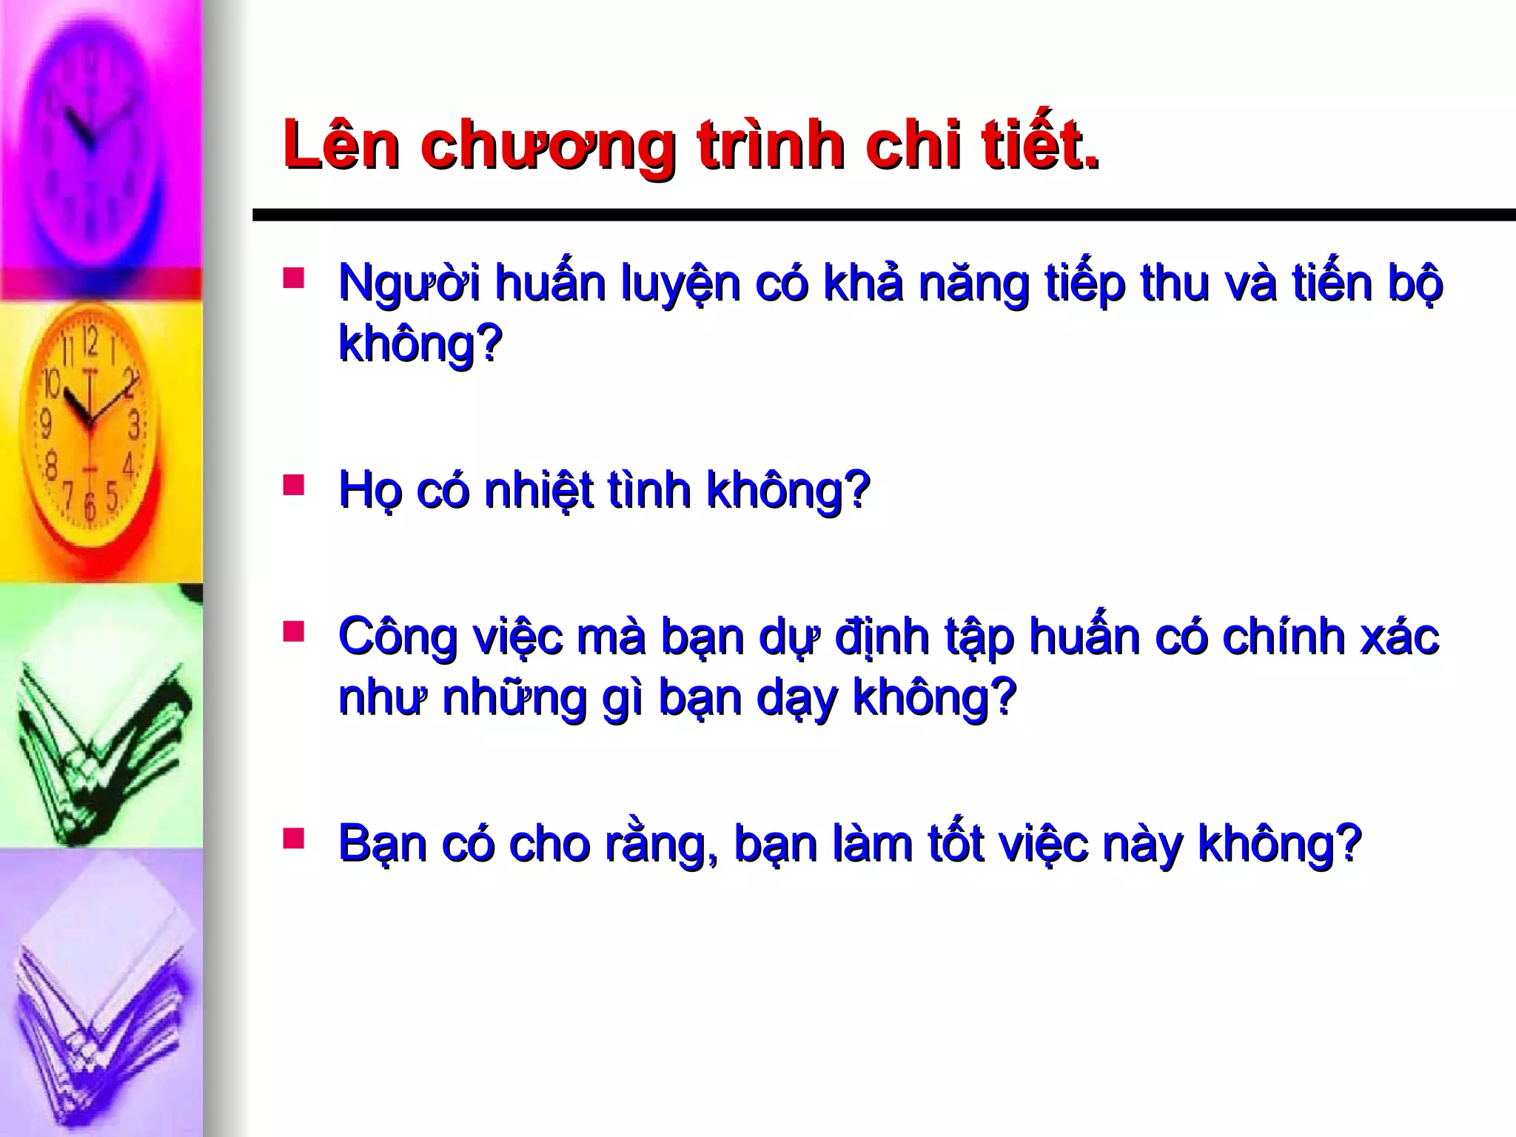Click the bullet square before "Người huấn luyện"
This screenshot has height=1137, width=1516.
[293, 278]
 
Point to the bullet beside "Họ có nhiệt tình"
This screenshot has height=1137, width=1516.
[293, 485]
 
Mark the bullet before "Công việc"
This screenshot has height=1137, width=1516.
[293, 631]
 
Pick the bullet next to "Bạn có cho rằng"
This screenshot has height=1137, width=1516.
[293, 838]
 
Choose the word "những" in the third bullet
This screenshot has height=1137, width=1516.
[514, 697]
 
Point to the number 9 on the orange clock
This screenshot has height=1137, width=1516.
[46, 423]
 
